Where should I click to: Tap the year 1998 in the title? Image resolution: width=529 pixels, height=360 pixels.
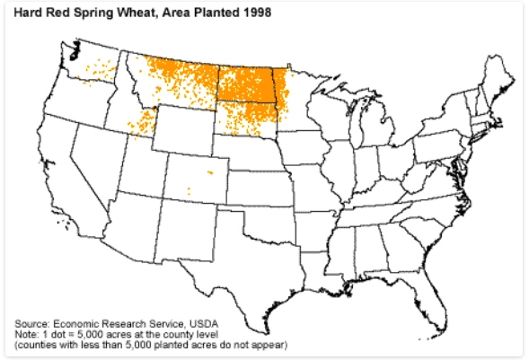pyautogui.click(x=255, y=15)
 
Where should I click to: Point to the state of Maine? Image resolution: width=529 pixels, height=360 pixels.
pyautogui.click(x=497, y=76)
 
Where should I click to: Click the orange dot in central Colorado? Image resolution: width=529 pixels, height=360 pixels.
pyautogui.click(x=210, y=171)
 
